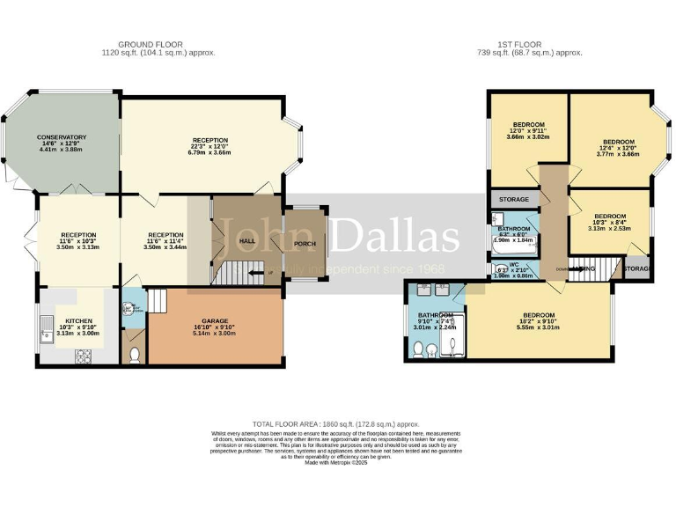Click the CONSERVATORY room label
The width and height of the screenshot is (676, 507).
click(62, 137)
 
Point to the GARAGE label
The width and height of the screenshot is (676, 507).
click(215, 322)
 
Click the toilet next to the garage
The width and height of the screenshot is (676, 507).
click(133, 356)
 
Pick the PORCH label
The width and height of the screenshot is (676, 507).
click(305, 244)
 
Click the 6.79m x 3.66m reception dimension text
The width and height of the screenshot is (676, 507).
click(210, 152)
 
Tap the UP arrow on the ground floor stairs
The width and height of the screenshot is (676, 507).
click(267, 273)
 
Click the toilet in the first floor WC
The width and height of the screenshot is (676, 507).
click(499, 271)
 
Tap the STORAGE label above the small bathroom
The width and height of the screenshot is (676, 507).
click(514, 200)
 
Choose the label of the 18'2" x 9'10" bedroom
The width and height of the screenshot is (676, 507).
click(539, 314)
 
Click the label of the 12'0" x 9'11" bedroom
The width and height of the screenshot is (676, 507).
click(529, 124)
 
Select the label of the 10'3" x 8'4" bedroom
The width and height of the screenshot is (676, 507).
click(609, 217)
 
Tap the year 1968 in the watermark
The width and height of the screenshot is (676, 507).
click(430, 268)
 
